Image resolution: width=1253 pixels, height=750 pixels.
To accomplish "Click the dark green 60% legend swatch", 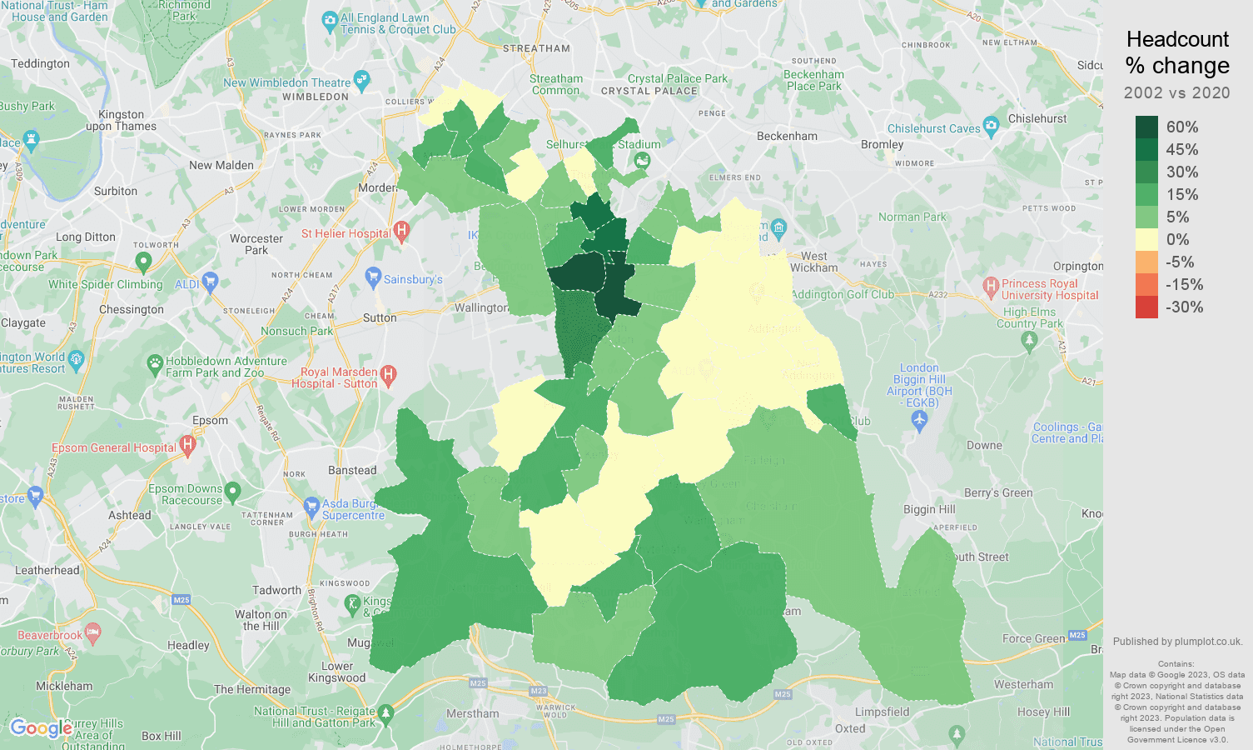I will [1146, 127].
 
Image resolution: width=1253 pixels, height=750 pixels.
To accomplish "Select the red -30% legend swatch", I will [1146, 307].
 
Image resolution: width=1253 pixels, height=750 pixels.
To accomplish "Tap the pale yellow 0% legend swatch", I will [1146, 239].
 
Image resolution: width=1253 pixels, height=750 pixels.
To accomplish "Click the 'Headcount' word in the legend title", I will [1177, 39].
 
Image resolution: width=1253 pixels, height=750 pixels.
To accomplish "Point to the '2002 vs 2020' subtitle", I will [1176, 92].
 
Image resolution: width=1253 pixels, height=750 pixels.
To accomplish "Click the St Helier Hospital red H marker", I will [401, 230].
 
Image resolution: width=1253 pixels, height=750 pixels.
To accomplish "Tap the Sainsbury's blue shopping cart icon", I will [373, 277].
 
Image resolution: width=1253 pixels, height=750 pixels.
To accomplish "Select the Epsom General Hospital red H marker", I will [187, 445].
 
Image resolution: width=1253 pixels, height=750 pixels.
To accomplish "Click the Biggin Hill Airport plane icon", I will [919, 421].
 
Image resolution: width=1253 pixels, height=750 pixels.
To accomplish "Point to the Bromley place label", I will [882, 144].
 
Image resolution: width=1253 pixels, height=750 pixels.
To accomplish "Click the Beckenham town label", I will [787, 136].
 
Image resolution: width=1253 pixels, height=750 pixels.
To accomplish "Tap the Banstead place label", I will [352, 470].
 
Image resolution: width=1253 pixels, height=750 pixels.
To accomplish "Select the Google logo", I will [41, 728].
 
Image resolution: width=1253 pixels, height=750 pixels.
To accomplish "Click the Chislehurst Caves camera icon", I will [991, 127].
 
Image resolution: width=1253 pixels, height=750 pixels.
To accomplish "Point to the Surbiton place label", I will [116, 191].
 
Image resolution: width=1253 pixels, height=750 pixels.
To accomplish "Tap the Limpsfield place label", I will [882, 712].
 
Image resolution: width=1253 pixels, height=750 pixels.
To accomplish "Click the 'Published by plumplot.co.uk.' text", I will [1177, 642].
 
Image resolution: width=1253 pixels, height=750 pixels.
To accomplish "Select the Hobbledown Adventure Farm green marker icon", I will [155, 363].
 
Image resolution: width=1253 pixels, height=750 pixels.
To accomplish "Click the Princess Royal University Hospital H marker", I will [991, 287].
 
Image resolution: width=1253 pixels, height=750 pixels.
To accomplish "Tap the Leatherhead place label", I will [47, 571].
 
